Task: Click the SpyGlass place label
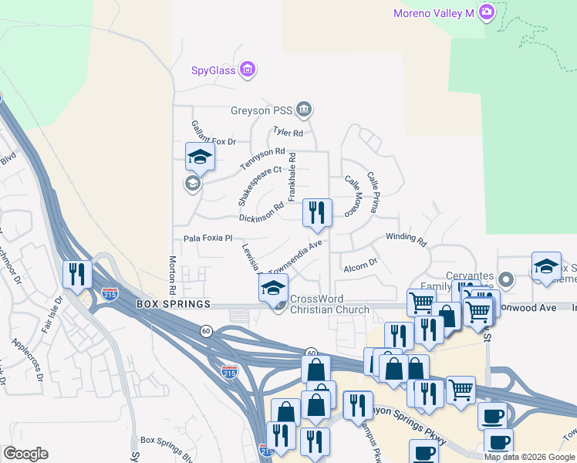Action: (214, 72)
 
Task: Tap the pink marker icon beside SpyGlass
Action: (248, 71)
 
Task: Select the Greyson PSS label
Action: (262, 110)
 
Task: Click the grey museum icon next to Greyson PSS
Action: (304, 110)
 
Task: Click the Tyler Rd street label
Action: (285, 133)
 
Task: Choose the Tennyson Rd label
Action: (262, 160)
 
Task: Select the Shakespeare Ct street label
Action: (256, 185)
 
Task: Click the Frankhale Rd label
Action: (292, 177)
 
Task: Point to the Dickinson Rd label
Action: (261, 212)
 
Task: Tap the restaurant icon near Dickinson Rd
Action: (316, 212)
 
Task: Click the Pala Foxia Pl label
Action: (208, 238)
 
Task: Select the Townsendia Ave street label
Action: (295, 255)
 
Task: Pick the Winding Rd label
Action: (406, 238)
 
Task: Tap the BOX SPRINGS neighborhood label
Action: (174, 305)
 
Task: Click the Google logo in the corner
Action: (25, 453)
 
